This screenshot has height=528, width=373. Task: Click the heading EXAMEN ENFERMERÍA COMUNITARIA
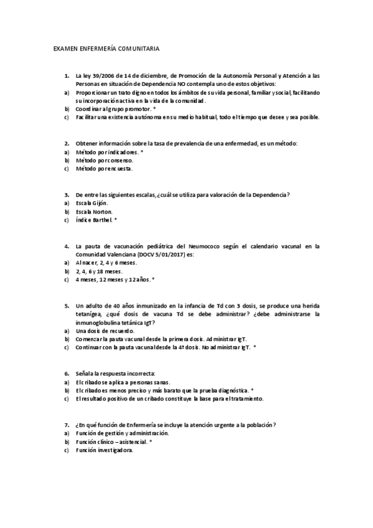point(106,47)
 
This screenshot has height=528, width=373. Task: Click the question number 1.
point(67,75)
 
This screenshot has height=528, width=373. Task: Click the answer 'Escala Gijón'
point(92,204)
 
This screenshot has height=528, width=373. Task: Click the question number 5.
point(67,306)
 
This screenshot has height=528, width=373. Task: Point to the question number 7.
point(67,425)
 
